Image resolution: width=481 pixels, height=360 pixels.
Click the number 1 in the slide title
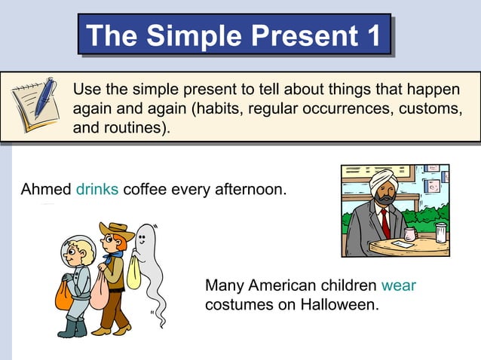point(369,35)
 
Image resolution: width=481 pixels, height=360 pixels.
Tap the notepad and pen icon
point(35,105)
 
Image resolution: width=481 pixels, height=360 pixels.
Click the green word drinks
point(97,188)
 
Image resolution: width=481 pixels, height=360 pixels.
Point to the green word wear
point(399,285)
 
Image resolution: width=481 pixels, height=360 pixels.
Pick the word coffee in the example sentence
point(146,188)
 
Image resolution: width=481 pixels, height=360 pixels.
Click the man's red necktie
point(384,224)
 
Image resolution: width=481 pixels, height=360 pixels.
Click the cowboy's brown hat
point(117,230)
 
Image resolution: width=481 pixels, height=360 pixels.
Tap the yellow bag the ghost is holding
point(133,272)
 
